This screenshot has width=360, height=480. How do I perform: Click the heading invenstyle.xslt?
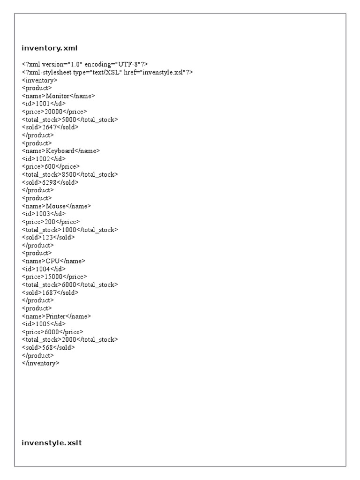point(52,442)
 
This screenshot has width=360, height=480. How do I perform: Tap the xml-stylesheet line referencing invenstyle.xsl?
point(107,72)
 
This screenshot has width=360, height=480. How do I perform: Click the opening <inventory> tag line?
point(40,80)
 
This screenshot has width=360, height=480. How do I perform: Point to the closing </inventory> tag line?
point(41,363)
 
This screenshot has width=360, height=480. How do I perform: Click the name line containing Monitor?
point(58,96)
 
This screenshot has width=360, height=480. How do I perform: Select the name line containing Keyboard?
point(61,151)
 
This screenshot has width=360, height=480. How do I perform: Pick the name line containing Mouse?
point(57,206)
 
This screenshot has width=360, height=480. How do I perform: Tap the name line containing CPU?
point(53,261)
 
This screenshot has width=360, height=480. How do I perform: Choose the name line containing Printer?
point(56,316)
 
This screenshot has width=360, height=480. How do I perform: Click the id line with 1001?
point(44,104)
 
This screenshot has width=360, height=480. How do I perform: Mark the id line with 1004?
point(44,269)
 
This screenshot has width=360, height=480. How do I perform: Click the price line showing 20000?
point(54,112)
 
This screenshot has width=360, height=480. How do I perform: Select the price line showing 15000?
point(54,277)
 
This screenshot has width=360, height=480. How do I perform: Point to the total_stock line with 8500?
point(70,174)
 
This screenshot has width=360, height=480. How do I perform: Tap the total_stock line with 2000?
point(70,339)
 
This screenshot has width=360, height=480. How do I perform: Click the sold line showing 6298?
point(50,182)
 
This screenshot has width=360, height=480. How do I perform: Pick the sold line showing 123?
point(48,237)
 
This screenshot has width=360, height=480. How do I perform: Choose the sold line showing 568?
point(48,347)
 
